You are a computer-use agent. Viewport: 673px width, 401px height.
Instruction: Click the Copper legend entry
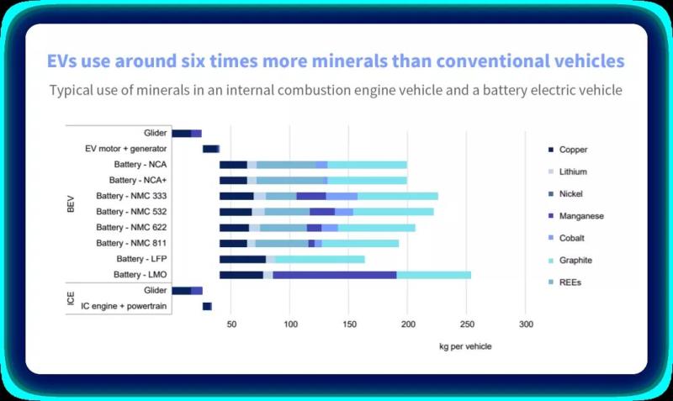pos(573,150)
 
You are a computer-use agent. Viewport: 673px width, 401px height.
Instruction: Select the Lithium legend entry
pos(572,171)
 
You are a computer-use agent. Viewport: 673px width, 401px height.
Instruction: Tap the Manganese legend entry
pos(580,216)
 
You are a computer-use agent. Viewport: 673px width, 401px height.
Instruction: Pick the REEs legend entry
pos(570,282)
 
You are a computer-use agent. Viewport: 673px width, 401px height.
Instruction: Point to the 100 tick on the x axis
pos(289,324)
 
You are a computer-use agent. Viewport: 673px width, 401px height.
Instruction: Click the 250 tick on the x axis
pos(465,324)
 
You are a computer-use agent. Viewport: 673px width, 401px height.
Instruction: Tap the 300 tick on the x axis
pos(524,324)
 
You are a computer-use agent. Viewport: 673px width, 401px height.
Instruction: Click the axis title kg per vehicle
pos(465,346)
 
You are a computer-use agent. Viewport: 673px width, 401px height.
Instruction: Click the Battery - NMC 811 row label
pos(132,243)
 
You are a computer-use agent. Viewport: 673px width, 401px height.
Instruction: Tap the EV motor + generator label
pos(127,149)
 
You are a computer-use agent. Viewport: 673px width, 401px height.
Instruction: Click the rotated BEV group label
pos(72,204)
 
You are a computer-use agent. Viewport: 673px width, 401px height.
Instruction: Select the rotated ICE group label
pos(72,298)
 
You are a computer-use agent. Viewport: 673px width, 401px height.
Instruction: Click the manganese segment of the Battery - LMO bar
pos(335,275)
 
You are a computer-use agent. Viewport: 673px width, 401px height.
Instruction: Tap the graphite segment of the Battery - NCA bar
pos(367,165)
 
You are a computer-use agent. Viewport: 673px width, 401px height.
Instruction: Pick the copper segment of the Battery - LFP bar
pos(242,259)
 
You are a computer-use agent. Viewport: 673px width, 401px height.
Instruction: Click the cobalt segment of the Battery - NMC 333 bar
pos(342,196)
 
